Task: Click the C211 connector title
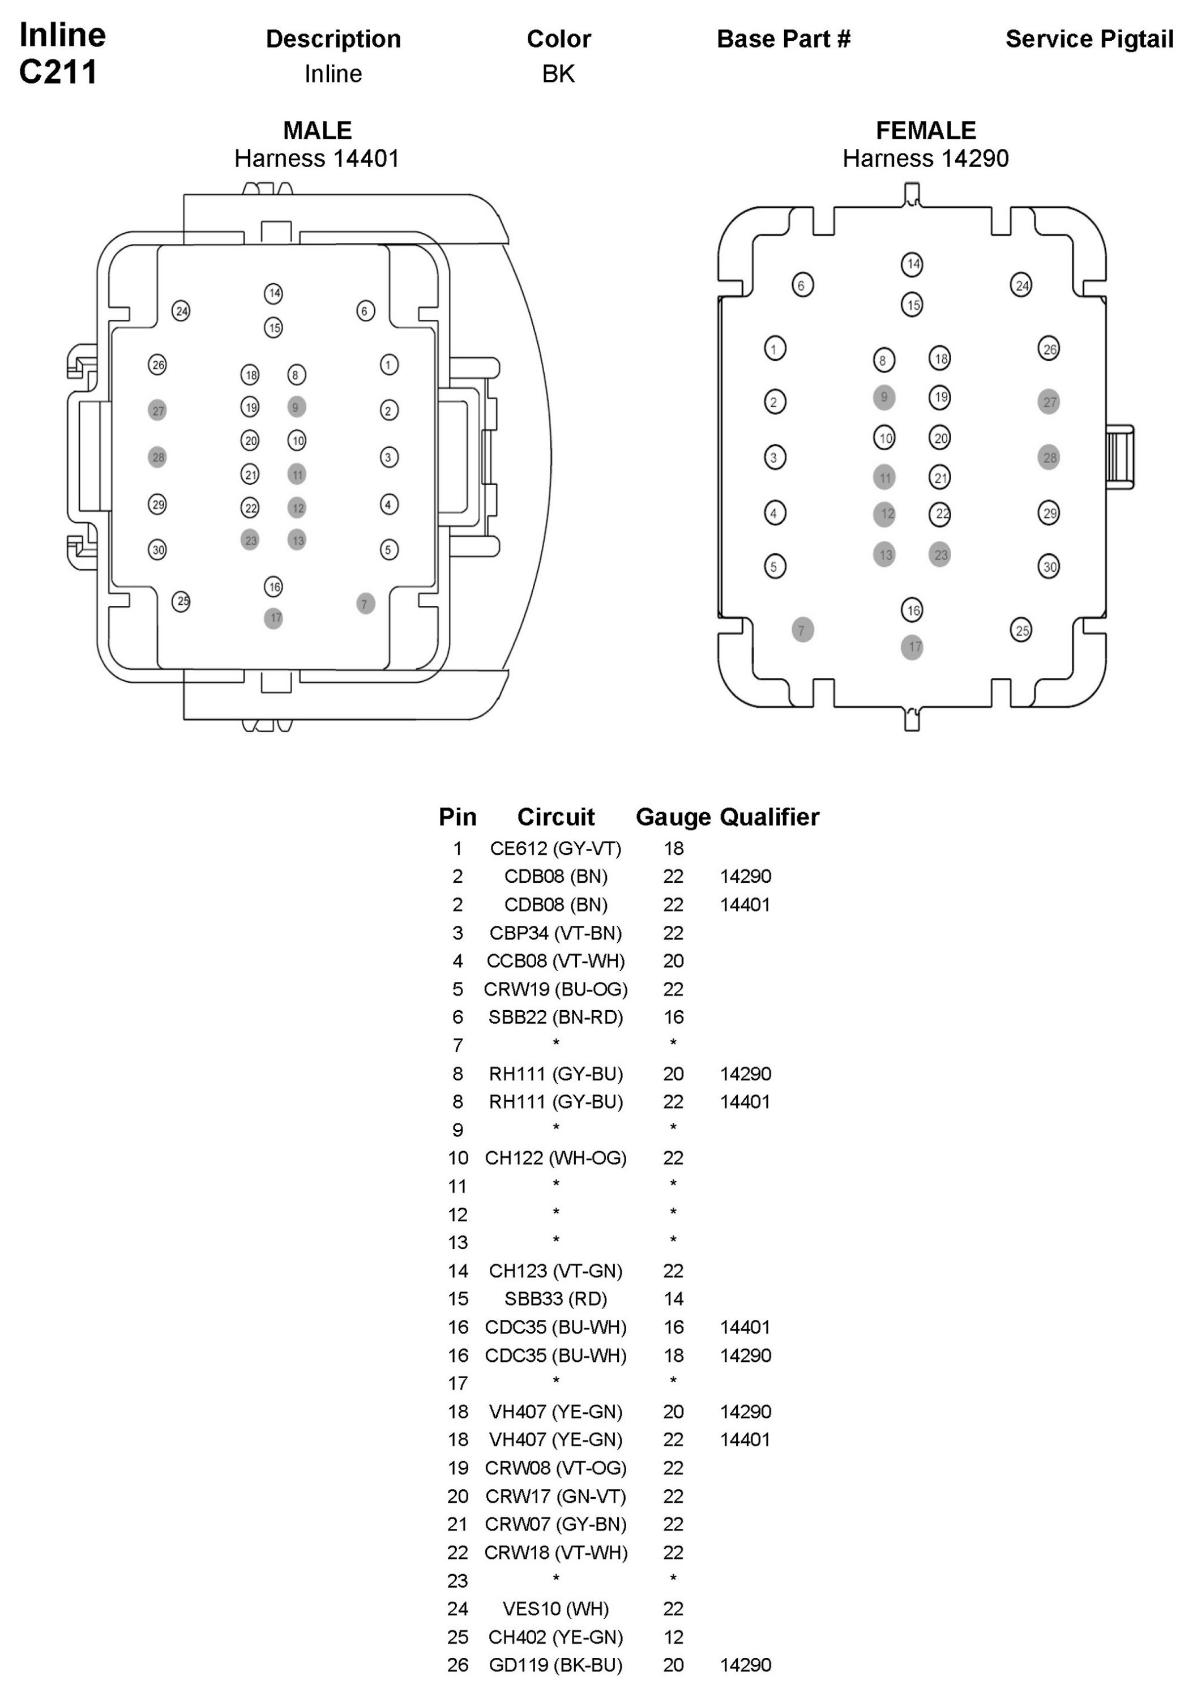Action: pyautogui.click(x=58, y=72)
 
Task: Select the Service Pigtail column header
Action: pyautogui.click(x=1089, y=39)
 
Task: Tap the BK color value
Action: pyautogui.click(x=558, y=74)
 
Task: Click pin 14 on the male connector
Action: pyautogui.click(x=273, y=293)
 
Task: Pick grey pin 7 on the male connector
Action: pyautogui.click(x=365, y=604)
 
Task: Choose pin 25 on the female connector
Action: pyautogui.click(x=1021, y=630)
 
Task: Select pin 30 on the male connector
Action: pyautogui.click(x=157, y=549)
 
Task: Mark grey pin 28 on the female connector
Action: pyautogui.click(x=1049, y=458)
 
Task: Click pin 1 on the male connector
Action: pyautogui.click(x=389, y=365)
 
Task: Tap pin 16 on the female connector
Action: pyautogui.click(x=912, y=610)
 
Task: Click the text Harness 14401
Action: pyautogui.click(x=317, y=158)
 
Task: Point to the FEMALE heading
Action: pyautogui.click(x=925, y=130)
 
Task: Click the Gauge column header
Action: pyautogui.click(x=673, y=817)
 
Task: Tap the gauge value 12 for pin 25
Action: pyautogui.click(x=673, y=1637)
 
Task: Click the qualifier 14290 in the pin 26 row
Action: pyautogui.click(x=745, y=1665)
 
